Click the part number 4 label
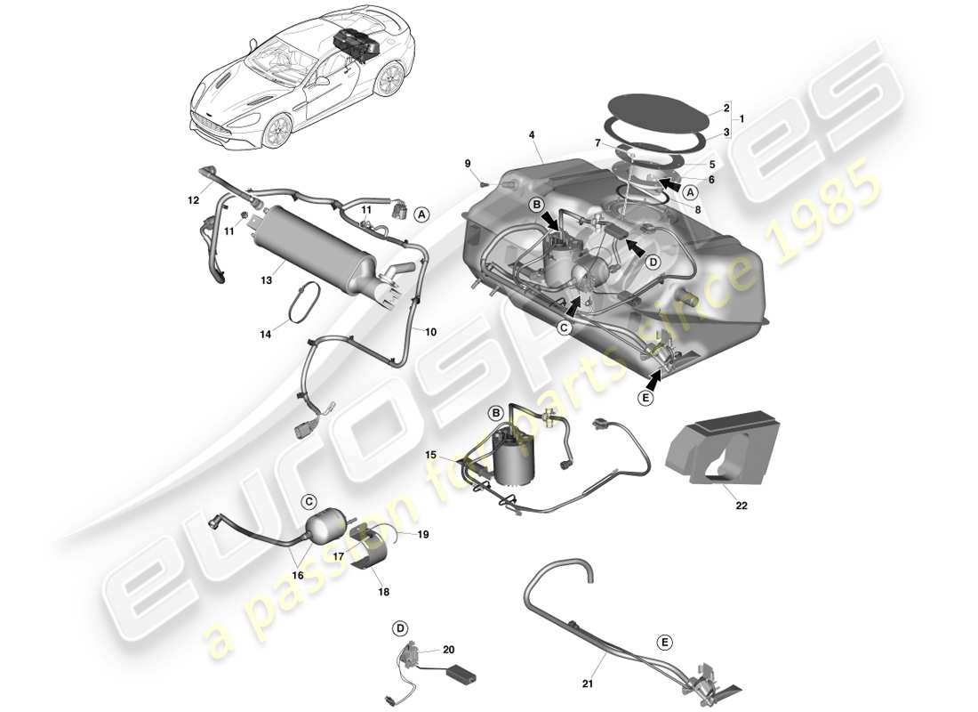click(x=531, y=135)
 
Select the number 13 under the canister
click(x=266, y=280)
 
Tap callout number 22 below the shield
click(x=742, y=506)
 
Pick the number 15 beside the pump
click(x=430, y=455)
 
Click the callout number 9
click(x=467, y=162)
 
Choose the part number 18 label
click(x=383, y=591)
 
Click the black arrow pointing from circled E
click(x=655, y=379)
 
